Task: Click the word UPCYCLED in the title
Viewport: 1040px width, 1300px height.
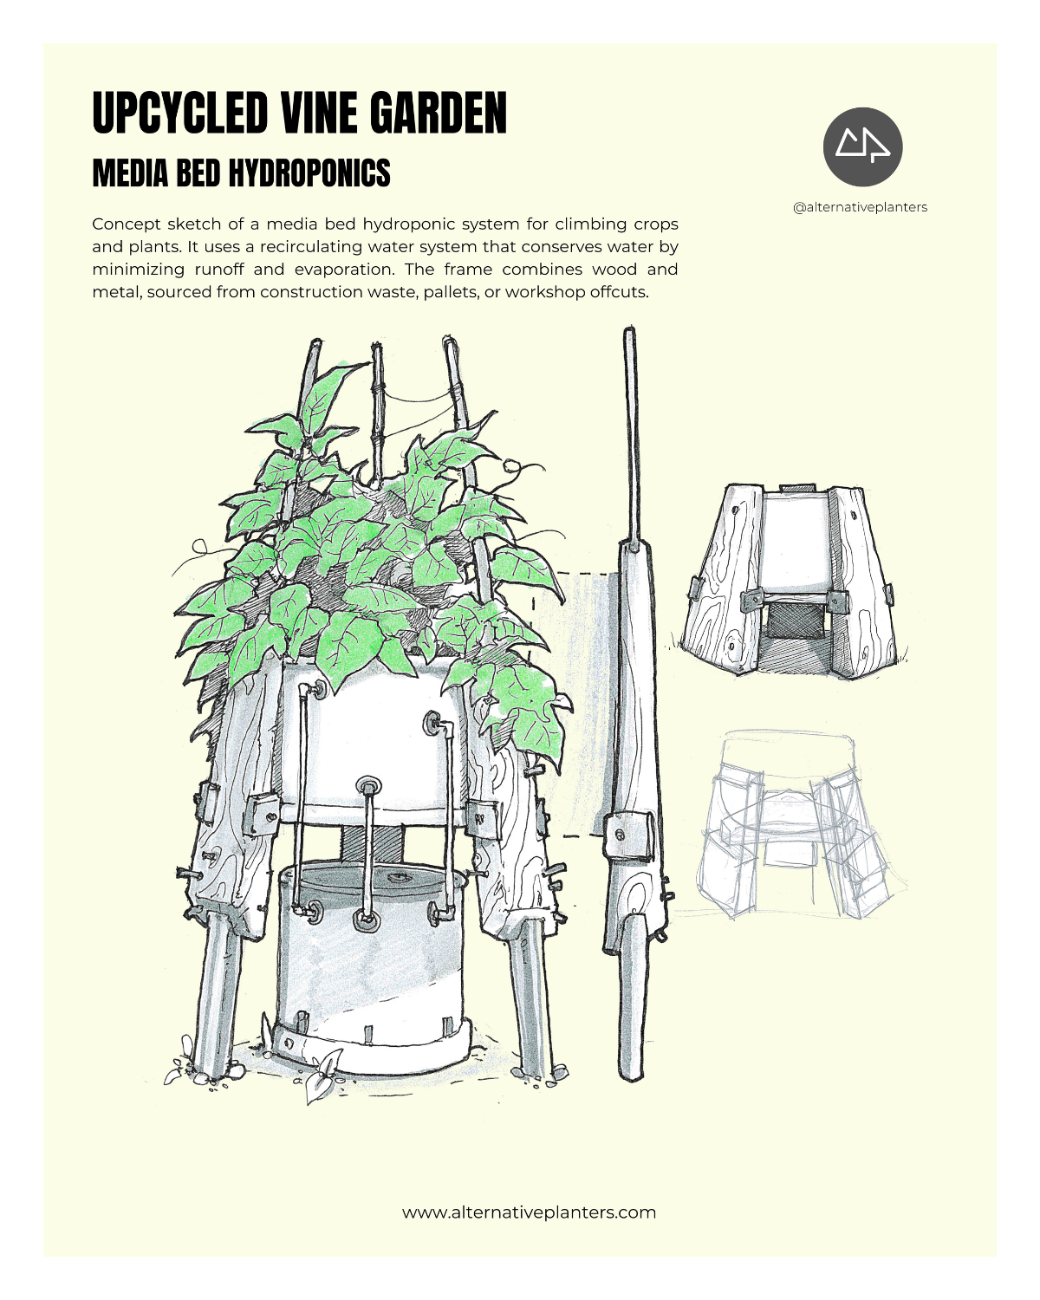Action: tap(179, 113)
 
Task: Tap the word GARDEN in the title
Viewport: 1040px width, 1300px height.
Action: tap(439, 113)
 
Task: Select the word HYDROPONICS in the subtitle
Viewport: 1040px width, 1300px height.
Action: tap(309, 172)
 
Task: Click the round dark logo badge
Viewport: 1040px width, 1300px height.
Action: tap(862, 146)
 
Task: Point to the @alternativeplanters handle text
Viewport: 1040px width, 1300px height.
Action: tap(860, 207)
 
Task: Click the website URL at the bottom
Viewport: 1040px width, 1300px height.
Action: tap(529, 1212)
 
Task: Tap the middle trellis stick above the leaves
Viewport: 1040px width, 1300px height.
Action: tap(378, 411)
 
